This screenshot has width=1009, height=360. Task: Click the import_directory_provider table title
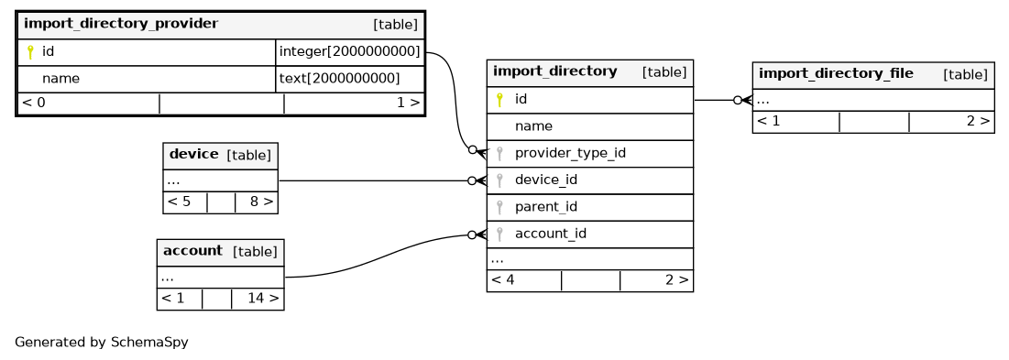click(x=121, y=24)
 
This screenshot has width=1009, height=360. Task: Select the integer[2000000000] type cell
click(x=349, y=51)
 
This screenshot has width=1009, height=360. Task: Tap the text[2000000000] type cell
click(x=340, y=79)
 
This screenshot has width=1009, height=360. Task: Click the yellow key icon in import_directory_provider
click(x=29, y=52)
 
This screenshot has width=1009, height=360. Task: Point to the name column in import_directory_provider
click(x=60, y=79)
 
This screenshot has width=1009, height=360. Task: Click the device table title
click(x=193, y=154)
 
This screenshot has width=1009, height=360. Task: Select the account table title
click(x=192, y=251)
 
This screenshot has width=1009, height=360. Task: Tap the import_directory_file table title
click(x=836, y=73)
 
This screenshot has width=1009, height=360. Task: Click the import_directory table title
click(x=554, y=71)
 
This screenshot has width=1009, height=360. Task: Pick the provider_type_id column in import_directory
click(x=570, y=153)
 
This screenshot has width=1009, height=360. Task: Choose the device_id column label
click(x=545, y=180)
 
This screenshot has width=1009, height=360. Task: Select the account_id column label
click(x=550, y=234)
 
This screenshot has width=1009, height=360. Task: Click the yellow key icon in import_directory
click(x=499, y=100)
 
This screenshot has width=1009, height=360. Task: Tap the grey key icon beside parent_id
click(x=499, y=207)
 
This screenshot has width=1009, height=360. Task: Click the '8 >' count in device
click(x=261, y=202)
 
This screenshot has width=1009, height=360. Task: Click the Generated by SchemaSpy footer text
click(x=102, y=342)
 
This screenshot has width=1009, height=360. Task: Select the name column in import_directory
click(x=533, y=126)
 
